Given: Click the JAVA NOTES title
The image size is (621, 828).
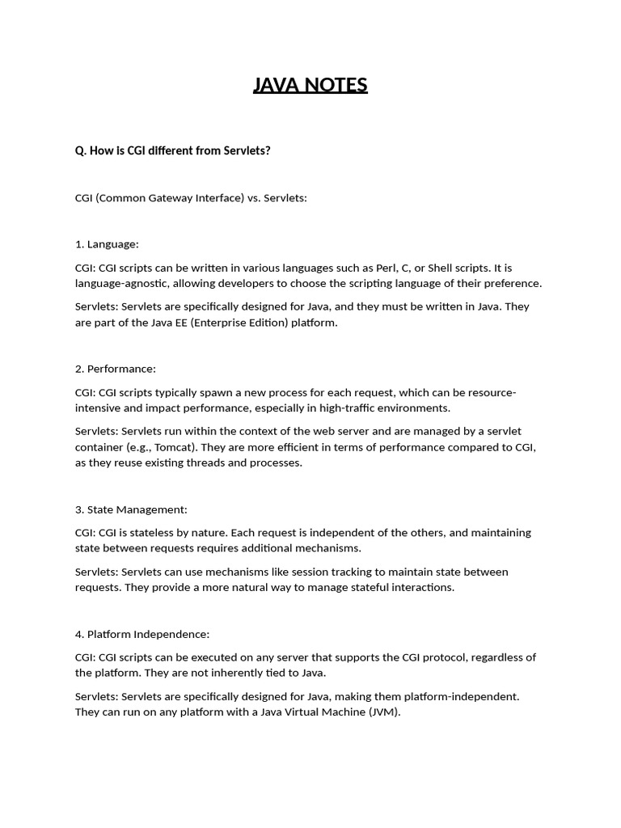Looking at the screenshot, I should (310, 85).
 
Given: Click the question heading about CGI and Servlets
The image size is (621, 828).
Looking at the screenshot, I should (172, 150).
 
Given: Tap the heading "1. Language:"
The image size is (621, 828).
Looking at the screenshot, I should (107, 244).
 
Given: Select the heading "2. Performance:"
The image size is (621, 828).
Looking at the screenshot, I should (115, 369).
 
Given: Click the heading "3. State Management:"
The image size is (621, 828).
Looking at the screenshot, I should (131, 509).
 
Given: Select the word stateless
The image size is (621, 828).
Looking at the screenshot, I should (167, 533).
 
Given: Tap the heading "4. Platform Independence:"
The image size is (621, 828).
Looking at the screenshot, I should (142, 634).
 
